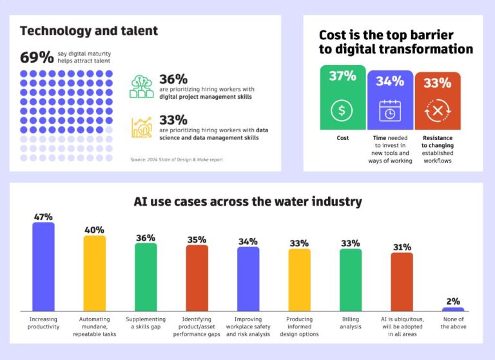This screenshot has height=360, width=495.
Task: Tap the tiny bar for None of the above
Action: pos(453,309)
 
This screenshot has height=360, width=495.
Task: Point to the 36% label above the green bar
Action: pos(146,237)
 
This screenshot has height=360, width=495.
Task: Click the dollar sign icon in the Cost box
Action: pos(342,110)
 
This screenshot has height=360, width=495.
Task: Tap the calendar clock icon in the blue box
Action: pos(390,111)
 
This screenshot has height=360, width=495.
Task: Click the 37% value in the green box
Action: pos(342,76)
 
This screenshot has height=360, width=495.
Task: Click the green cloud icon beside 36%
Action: pos(142,86)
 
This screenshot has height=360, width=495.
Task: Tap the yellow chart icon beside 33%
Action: pos(142,126)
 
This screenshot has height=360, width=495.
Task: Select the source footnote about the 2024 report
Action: pos(176,159)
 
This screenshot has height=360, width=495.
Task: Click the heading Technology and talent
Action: pos(89,30)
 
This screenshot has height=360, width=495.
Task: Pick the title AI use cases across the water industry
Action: pos(247,201)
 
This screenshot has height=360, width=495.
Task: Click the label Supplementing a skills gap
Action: pos(146,323)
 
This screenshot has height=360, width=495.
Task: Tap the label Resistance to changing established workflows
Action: pos(438,149)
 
